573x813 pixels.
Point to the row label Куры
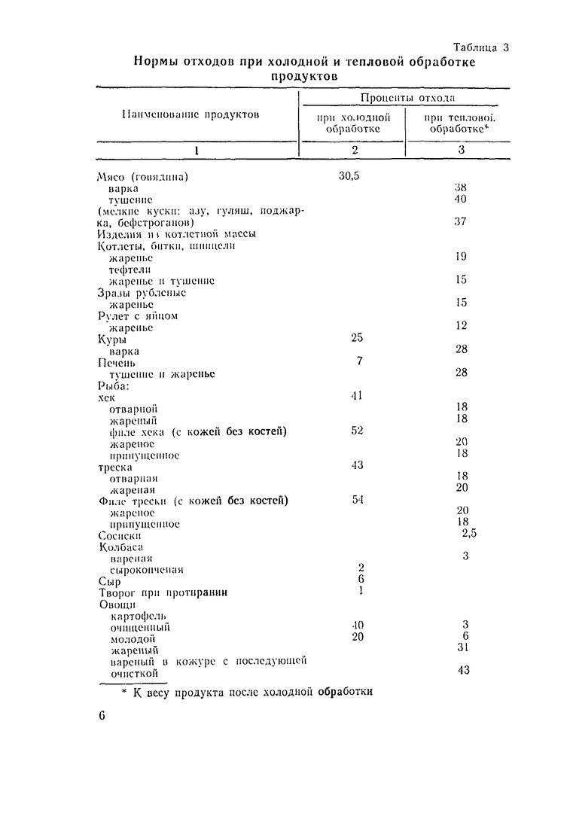[113, 340]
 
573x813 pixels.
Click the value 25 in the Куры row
[357, 338]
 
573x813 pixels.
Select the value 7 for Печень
[359, 361]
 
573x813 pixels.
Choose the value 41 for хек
[357, 395]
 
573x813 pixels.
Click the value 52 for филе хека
[357, 431]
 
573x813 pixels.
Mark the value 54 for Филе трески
[357, 500]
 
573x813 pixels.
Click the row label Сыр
[109, 581]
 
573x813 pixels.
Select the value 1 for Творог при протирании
[361, 591]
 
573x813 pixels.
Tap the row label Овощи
[117, 604]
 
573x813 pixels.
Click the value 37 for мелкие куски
[462, 222]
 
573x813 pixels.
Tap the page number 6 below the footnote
[101, 717]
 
